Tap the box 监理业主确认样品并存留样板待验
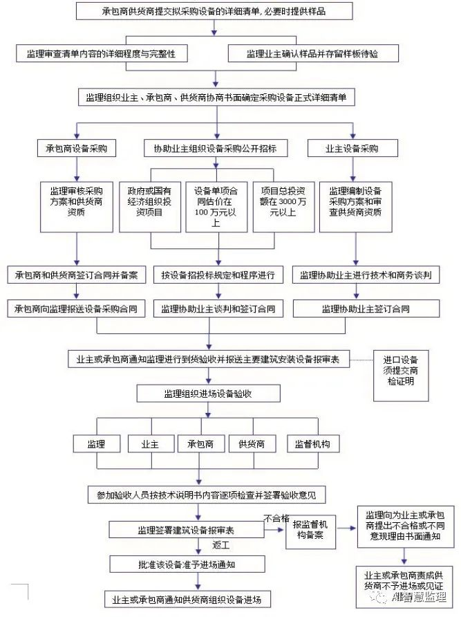tap(312, 53)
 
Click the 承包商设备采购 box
tap(76, 148)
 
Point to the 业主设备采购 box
tap(352, 148)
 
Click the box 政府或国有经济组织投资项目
tap(149, 201)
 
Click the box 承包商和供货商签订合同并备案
tap(76, 275)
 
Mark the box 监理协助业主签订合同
tap(366, 308)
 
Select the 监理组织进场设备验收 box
tap(209, 394)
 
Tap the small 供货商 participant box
tap(251, 443)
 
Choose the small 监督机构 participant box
tap(311, 443)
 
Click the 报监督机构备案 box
tap(310, 530)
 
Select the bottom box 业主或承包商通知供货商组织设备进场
tap(187, 598)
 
